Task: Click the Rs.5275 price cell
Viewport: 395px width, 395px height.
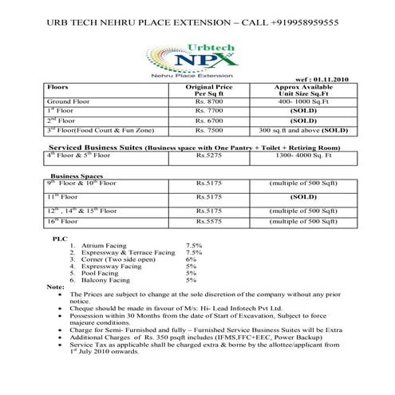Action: tap(209, 157)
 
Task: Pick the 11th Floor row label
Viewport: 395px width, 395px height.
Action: tap(64, 196)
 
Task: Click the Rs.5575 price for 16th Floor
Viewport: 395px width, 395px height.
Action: tap(209, 220)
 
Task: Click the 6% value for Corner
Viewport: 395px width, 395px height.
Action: tap(191, 259)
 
